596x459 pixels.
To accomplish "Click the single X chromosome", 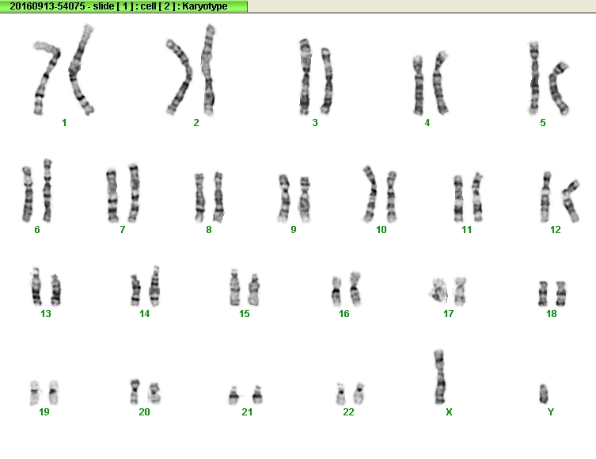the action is click(439, 377).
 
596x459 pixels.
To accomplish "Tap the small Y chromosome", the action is click(544, 393).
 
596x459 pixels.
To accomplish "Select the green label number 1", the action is click(64, 123).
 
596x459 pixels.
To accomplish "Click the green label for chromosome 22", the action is click(348, 411).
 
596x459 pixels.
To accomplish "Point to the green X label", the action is click(449, 411).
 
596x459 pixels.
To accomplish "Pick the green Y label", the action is click(550, 411).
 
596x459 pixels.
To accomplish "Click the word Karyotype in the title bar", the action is click(205, 6).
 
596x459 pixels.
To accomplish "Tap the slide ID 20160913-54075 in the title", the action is click(47, 6).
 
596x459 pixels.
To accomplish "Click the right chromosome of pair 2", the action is click(208, 71).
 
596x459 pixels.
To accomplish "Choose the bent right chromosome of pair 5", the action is click(557, 88).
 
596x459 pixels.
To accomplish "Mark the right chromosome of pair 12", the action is click(571, 201).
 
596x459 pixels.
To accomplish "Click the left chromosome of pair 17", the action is click(438, 291).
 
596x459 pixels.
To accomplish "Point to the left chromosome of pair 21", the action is click(234, 396).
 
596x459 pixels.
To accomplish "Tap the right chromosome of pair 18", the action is click(560, 293).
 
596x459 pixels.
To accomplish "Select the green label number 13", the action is click(46, 314).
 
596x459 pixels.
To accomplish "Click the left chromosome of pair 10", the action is click(370, 193).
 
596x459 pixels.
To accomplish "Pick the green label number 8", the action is click(209, 230).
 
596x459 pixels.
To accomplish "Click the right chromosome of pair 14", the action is click(154, 286).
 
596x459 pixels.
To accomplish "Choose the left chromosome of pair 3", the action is click(305, 76).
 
